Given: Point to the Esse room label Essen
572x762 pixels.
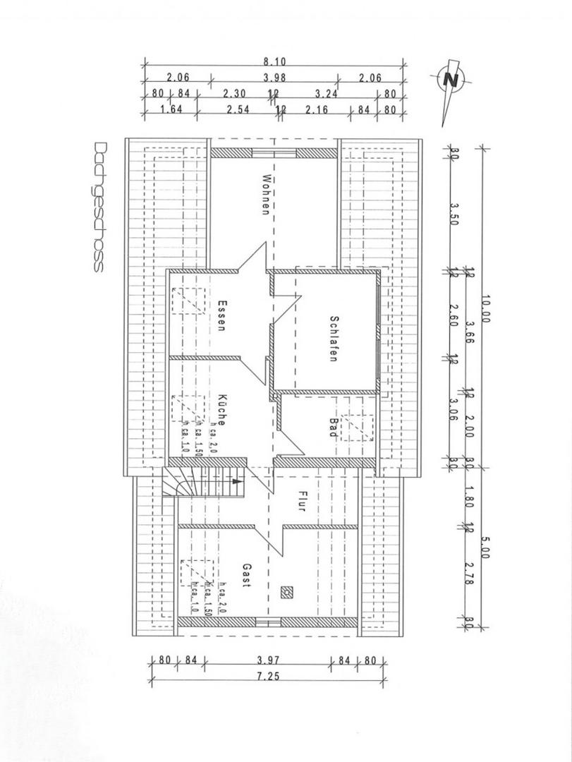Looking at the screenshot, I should tap(221, 317).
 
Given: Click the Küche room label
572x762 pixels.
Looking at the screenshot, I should tap(221, 410).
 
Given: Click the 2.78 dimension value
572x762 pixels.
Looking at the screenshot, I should tap(471, 580).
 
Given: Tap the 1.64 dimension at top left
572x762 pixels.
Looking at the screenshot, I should tap(170, 109).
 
